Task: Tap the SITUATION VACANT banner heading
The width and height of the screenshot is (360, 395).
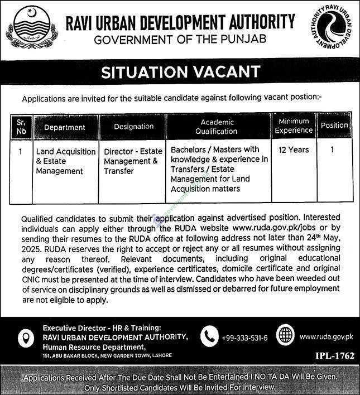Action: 180,71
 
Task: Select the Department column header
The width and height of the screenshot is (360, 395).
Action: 65,127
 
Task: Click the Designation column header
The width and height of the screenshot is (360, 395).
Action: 133,127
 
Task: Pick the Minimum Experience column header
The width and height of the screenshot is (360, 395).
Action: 294,126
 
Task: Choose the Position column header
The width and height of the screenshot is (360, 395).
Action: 334,126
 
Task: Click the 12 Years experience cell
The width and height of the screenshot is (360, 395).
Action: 294,150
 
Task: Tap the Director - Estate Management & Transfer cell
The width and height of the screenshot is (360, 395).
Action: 133,161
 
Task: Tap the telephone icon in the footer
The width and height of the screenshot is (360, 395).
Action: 209,336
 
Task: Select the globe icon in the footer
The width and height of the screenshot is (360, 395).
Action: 285,336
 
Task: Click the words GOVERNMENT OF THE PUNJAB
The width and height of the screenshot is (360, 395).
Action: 180,39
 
